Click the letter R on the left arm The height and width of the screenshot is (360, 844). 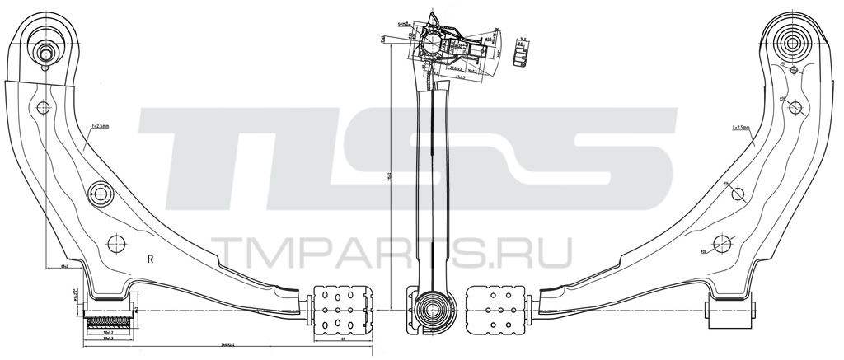pyautogui.click(x=151, y=258)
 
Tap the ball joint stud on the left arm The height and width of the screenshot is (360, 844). pyautogui.click(x=46, y=54)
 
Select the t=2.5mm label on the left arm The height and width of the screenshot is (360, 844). pyautogui.click(x=96, y=127)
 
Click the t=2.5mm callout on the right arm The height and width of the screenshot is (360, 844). pyautogui.click(x=740, y=128)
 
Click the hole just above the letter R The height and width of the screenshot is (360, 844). pyautogui.click(x=116, y=243)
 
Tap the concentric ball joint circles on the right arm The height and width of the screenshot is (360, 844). pyautogui.click(x=797, y=40)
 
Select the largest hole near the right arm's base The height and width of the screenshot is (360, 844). pyautogui.click(x=724, y=243)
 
